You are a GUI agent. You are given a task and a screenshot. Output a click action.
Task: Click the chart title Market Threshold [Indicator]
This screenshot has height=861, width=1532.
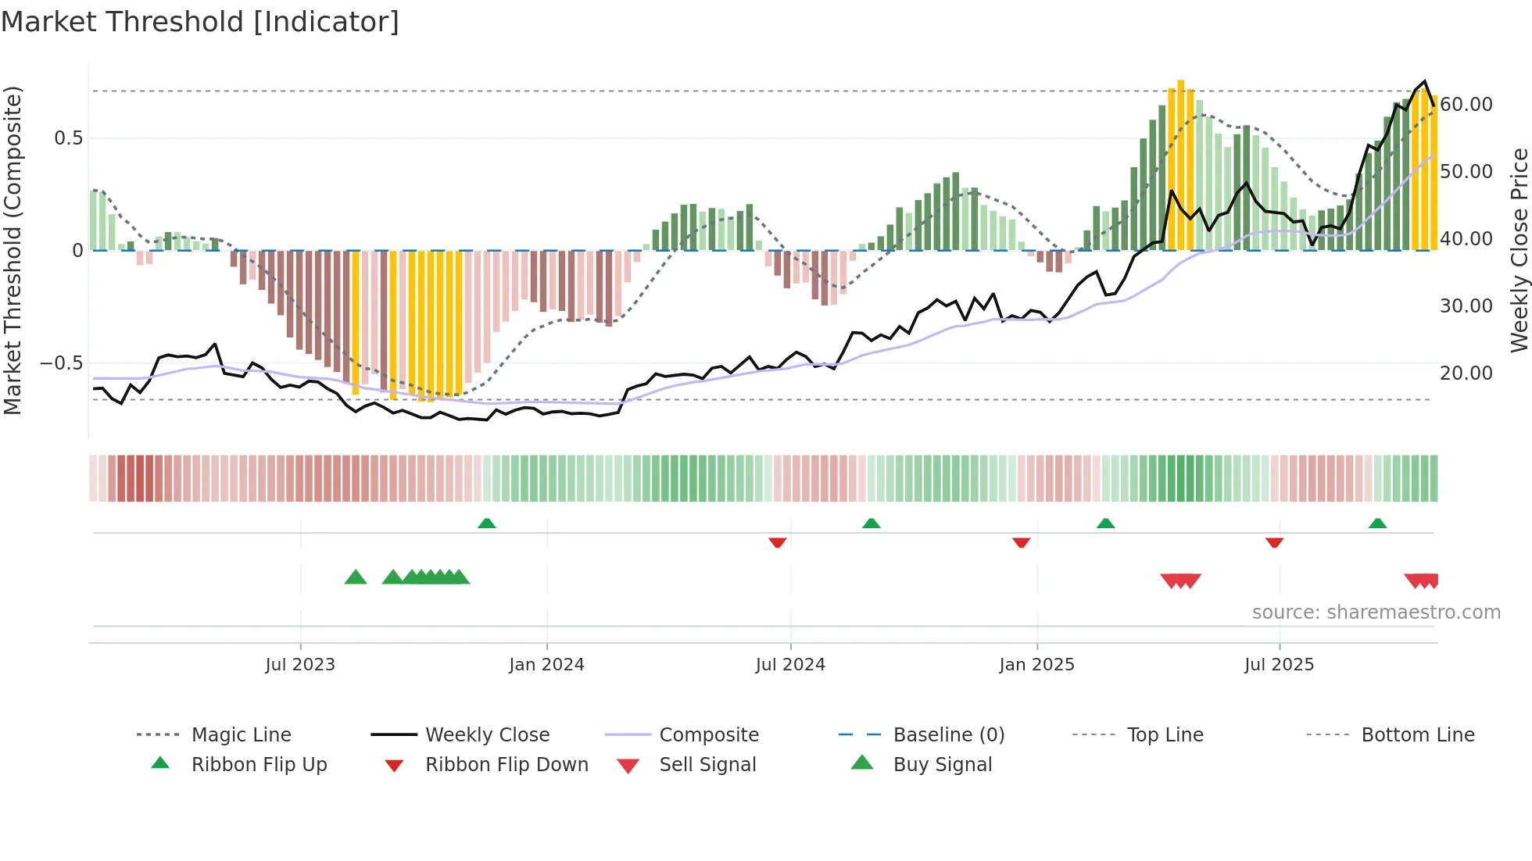(200, 22)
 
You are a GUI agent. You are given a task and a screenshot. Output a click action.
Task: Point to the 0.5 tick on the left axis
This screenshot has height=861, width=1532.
(68, 138)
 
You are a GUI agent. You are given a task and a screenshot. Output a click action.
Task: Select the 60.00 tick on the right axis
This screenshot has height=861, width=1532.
(1466, 105)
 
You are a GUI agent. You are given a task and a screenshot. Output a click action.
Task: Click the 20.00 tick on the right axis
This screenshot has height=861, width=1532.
(1466, 373)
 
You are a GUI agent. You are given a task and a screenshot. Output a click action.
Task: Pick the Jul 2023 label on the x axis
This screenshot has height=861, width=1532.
(300, 665)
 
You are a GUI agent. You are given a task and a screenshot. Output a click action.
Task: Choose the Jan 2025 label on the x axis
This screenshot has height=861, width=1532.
(1036, 665)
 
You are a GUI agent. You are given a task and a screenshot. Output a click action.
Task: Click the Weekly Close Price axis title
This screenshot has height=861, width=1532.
(1519, 250)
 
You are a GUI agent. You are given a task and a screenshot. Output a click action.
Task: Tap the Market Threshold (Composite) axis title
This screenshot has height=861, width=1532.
(13, 250)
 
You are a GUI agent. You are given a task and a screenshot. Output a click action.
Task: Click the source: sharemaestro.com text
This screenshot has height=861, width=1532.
(1376, 613)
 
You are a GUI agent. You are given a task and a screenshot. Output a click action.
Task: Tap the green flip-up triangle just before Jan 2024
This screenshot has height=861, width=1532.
(487, 523)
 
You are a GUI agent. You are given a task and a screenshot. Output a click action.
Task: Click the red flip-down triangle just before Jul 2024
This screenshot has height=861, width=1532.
(777, 542)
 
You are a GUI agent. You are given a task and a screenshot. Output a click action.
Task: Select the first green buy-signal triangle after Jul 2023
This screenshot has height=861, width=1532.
(356, 577)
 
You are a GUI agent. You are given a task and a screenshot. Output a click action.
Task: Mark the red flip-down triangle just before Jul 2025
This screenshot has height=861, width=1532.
(1274, 542)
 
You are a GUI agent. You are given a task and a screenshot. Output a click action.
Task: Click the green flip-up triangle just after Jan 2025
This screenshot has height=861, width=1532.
(1105, 523)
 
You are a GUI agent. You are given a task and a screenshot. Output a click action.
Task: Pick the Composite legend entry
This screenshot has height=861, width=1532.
(708, 735)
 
